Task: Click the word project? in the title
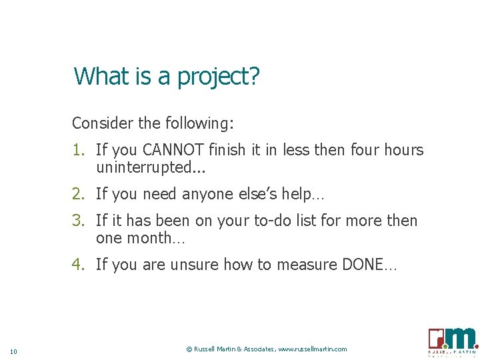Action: click(217, 77)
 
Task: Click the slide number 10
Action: click(14, 351)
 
